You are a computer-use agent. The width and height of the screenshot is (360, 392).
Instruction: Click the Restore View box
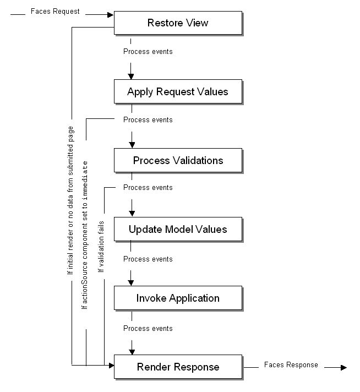pos(178,23)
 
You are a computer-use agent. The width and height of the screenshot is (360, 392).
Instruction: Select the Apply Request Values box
pos(178,91)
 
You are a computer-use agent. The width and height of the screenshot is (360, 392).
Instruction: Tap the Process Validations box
pos(178,160)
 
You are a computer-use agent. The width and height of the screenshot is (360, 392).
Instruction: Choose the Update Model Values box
pos(178,229)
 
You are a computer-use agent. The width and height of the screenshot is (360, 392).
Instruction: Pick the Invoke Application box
pos(178,298)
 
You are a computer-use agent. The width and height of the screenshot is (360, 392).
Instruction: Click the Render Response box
pos(178,367)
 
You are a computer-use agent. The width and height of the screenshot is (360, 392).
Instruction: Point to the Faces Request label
pos(54,11)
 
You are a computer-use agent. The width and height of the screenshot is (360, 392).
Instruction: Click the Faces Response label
pos(291,364)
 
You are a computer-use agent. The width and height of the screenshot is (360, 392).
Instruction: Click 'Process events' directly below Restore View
pos(148,52)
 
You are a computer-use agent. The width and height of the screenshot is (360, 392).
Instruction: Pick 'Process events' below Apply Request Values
pos(148,119)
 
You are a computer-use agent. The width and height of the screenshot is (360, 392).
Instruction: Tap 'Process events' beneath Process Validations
pos(148,188)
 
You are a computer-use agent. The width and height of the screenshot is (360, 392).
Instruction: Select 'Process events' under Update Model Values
pos(148,259)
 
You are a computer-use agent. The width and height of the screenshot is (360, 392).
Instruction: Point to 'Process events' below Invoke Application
pos(148,328)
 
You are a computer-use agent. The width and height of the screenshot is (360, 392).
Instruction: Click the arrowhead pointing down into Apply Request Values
pos(131,75)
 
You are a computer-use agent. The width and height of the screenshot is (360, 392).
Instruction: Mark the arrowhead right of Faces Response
pos(343,367)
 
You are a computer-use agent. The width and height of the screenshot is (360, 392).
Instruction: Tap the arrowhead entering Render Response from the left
pos(110,364)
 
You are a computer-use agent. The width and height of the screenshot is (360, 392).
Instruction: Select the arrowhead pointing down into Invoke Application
pos(131,282)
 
